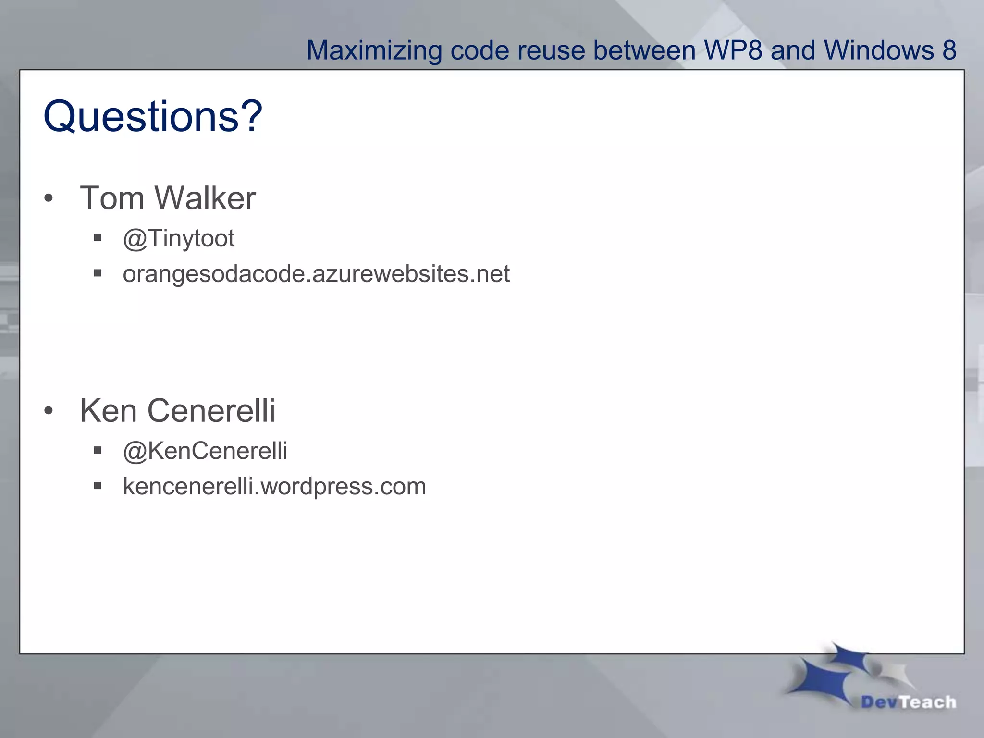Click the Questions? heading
click(x=152, y=116)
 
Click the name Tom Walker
click(x=168, y=198)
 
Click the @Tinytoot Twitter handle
click(x=179, y=238)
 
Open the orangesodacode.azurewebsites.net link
click(x=316, y=274)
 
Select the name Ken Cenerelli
click(x=177, y=411)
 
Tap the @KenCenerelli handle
click(x=205, y=451)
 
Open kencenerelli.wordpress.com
click(x=274, y=486)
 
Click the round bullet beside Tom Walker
click(x=48, y=198)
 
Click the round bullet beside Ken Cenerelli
click(x=48, y=411)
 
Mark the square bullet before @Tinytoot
click(x=98, y=237)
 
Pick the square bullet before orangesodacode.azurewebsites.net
click(x=98, y=273)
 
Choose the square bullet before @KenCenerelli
click(x=98, y=450)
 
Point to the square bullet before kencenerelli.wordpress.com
click(x=98, y=486)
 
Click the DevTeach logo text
click(x=908, y=702)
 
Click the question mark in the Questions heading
click(x=251, y=116)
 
